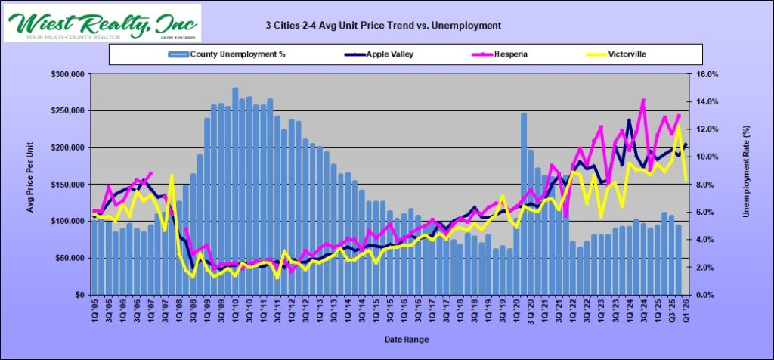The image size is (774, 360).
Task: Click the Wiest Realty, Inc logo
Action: point(102,23)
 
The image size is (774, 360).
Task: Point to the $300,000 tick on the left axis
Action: point(67,74)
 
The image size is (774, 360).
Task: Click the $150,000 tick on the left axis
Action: point(67,185)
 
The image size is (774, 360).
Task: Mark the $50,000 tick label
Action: point(70,258)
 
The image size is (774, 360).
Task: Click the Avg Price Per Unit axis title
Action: point(31,184)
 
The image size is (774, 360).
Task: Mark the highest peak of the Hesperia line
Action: point(643,100)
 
